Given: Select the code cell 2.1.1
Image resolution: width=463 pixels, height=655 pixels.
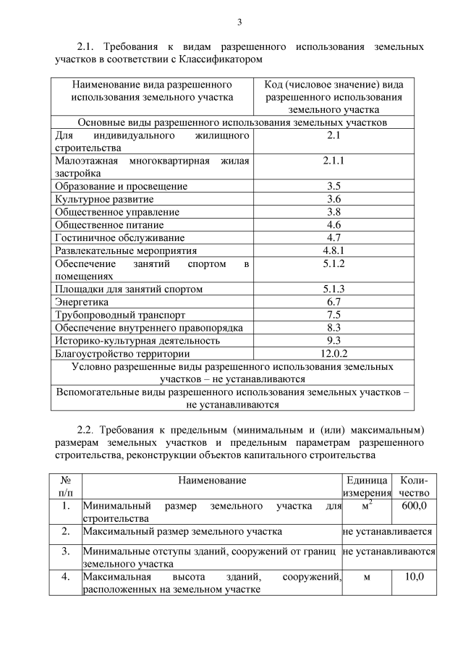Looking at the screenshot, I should pyautogui.click(x=334, y=161).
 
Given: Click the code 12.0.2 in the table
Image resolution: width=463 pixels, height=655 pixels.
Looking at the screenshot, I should pyautogui.click(x=334, y=353).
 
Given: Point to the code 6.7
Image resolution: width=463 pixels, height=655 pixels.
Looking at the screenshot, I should pyautogui.click(x=334, y=302).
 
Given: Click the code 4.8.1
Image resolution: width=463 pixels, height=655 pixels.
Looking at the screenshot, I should pyautogui.click(x=334, y=250).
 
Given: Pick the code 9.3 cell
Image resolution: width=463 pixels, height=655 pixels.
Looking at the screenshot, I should pyautogui.click(x=334, y=340).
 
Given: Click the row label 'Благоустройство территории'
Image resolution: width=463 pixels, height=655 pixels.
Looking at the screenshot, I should pyautogui.click(x=122, y=353).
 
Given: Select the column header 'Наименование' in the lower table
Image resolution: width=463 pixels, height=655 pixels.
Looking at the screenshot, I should pyautogui.click(x=212, y=481).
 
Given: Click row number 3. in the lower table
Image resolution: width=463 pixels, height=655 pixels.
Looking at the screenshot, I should pyautogui.click(x=65, y=552).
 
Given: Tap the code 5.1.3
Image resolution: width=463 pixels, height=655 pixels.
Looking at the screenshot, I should pyautogui.click(x=334, y=289).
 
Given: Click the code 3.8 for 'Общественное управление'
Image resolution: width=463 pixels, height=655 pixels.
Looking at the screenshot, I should pyautogui.click(x=334, y=212).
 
